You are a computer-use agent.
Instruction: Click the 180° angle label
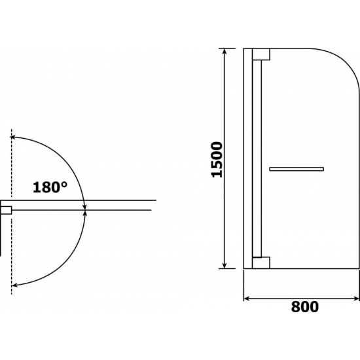[x=50, y=187]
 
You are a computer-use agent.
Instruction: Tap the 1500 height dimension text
[x=217, y=160]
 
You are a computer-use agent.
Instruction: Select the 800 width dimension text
[x=305, y=307]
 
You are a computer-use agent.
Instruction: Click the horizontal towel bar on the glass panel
[x=297, y=169]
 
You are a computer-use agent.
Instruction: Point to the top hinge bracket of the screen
[x=261, y=54]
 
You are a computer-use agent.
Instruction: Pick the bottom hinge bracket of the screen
[x=261, y=262]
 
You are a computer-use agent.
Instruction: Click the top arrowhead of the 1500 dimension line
[x=225, y=51]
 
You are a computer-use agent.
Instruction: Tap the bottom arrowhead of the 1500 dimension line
[x=225, y=266]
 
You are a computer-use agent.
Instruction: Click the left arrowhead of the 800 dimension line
[x=246, y=298]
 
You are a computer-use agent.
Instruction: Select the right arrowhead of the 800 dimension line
[x=356, y=298]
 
